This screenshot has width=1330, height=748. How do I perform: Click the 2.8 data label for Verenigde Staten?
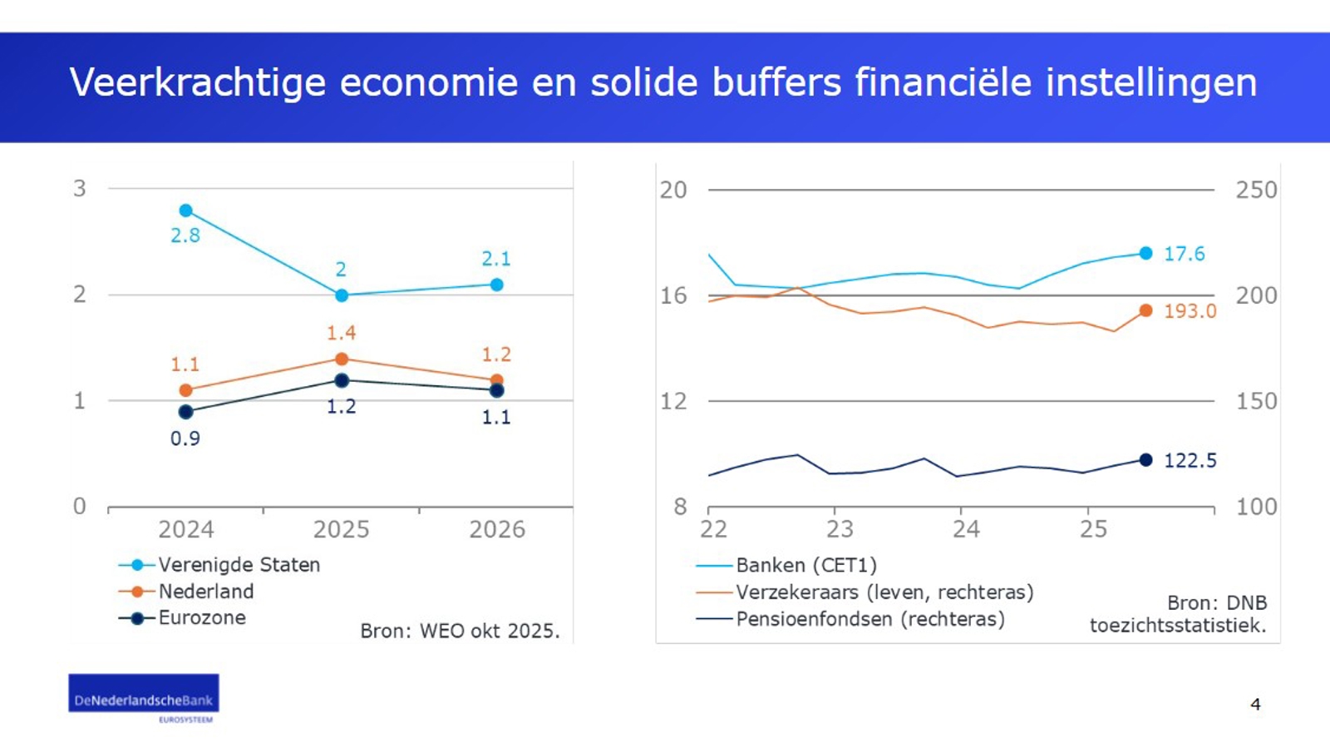pos(185,235)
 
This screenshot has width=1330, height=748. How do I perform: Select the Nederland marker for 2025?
pos(342,359)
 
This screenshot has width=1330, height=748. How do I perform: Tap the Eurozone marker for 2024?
pos(185,412)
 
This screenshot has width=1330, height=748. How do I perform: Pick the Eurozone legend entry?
pos(202,618)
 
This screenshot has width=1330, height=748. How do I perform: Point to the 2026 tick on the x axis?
pos(497,529)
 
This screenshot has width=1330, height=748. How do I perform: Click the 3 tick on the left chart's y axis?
pos(80,189)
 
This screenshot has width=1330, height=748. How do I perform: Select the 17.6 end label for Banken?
pos(1184,254)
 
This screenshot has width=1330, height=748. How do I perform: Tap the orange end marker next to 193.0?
pos(1145,310)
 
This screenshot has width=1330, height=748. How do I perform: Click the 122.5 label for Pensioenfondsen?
pos(1190,460)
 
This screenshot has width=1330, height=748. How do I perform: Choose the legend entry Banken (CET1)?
pos(805,566)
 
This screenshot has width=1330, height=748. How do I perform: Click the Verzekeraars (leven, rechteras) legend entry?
pos(884,592)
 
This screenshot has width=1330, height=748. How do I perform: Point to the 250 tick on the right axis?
pos(1255,191)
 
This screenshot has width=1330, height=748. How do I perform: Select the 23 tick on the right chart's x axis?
pos(840,529)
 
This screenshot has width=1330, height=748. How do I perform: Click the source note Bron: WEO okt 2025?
pos(460,631)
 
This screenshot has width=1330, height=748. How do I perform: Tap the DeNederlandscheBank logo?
pos(144,697)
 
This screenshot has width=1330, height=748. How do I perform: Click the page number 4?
pos(1255,705)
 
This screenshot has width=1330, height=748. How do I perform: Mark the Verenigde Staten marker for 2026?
pos(497,285)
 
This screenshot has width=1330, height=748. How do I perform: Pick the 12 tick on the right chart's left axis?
pos(674,401)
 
